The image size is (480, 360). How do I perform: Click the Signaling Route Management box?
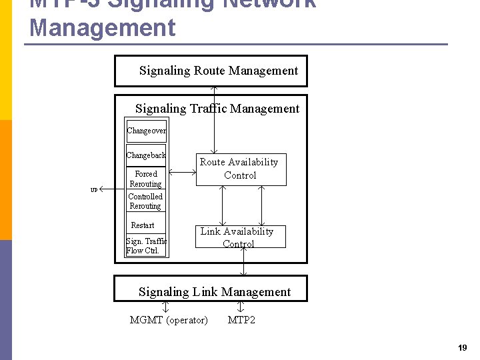point(211,71)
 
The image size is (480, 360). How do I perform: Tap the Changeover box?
point(146,131)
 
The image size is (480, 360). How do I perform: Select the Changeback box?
point(146,155)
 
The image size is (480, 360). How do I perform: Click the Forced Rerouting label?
point(145,179)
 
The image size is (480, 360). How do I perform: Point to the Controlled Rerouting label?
point(145,201)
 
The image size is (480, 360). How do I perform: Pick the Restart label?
point(143,225)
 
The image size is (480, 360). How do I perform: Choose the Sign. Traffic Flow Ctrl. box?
point(146,246)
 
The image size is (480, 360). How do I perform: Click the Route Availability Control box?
point(240,169)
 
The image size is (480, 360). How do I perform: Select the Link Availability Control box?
point(240,237)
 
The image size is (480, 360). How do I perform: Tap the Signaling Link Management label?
point(215,292)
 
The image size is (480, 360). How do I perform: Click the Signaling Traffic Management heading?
point(217,109)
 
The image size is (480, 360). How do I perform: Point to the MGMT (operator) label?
point(169,320)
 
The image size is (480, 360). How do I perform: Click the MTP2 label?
point(241,320)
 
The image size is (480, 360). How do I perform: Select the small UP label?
point(94,190)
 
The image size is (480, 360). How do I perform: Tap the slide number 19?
point(463,348)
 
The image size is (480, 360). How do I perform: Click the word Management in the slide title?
point(103,28)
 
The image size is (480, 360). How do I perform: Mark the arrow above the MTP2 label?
point(241,307)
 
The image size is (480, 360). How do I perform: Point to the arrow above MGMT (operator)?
point(166,307)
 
